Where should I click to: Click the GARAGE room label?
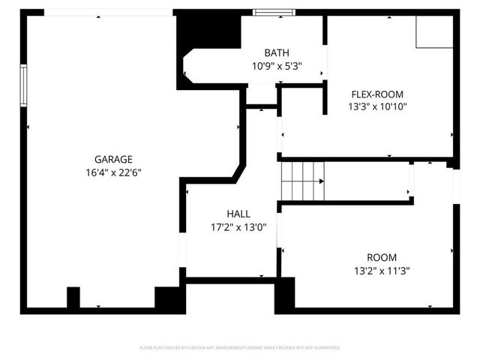tap(113, 159)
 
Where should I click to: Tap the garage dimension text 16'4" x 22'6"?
tap(113, 172)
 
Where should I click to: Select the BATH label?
tap(276, 52)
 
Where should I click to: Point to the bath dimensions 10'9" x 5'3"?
tap(276, 65)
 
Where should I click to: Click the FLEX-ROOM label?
tap(377, 94)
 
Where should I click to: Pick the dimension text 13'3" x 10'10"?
tap(377, 106)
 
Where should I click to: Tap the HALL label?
tap(238, 214)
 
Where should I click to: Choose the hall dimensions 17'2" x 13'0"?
tap(238, 226)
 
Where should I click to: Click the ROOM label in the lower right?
tap(382, 257)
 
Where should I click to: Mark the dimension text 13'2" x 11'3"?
tap(382, 270)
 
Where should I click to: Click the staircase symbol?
tap(300, 181)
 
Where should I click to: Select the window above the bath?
tap(271, 12)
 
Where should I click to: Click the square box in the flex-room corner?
tap(435, 30)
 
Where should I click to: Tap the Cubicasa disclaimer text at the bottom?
tap(240, 348)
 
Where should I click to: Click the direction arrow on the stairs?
tap(320, 181)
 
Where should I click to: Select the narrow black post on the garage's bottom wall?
tap(73, 297)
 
